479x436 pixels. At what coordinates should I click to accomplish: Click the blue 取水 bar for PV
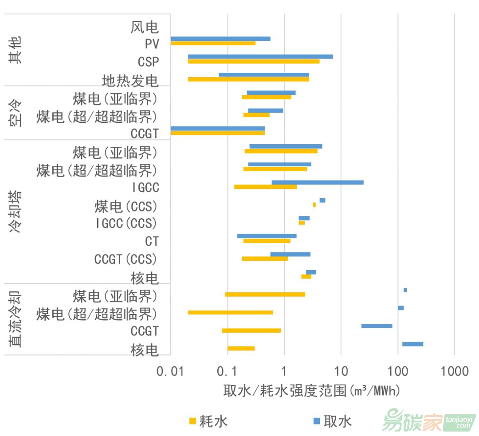pyautogui.click(x=220, y=39)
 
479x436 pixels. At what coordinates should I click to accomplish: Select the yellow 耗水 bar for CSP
pyautogui.click(x=253, y=61)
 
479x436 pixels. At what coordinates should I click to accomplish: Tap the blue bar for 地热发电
pyautogui.click(x=264, y=75)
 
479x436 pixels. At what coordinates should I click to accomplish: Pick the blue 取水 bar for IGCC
pyautogui.click(x=318, y=182)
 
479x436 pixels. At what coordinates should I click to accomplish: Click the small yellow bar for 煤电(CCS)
pyautogui.click(x=314, y=204)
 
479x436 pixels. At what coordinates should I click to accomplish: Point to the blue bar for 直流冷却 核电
pyautogui.click(x=412, y=344)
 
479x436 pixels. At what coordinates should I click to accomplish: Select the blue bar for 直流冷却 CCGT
pyautogui.click(x=377, y=326)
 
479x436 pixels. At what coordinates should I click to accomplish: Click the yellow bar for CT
pyautogui.click(x=267, y=241)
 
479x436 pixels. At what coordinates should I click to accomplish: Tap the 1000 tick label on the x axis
pyautogui.click(x=455, y=371)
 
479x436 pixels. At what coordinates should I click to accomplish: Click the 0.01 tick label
pyautogui.click(x=171, y=371)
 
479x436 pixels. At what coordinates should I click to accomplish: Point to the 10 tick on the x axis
pyautogui.click(x=341, y=371)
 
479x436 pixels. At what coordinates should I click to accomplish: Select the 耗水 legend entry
pyautogui.click(x=208, y=420)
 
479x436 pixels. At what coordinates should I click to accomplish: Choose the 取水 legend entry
pyautogui.click(x=333, y=420)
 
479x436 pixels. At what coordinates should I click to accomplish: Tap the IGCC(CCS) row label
pyautogui.click(x=126, y=223)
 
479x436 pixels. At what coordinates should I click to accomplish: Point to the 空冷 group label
pyautogui.click(x=16, y=113)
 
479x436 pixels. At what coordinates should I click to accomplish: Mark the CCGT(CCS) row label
pyautogui.click(x=126, y=259)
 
